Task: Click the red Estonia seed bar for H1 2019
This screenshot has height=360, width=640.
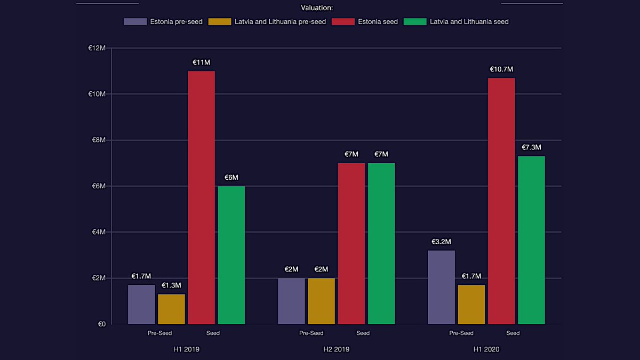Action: click(202, 197)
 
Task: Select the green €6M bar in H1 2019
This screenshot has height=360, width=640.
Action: click(231, 255)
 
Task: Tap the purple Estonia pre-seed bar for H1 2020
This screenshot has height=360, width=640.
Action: click(442, 287)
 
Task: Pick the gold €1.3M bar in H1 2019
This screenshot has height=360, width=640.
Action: click(171, 309)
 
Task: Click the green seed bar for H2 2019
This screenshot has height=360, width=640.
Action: click(381, 243)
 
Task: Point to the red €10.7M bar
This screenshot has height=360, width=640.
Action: click(501, 201)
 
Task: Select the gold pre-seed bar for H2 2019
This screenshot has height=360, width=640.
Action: click(322, 301)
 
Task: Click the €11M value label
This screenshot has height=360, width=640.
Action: click(202, 62)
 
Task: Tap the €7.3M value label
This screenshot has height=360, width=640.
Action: click(531, 147)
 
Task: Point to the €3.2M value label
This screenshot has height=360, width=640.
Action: click(441, 242)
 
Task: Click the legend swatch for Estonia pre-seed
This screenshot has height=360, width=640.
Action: click(135, 22)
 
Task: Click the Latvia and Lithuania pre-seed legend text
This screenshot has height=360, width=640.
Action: click(280, 22)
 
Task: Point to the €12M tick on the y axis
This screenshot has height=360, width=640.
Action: click(97, 48)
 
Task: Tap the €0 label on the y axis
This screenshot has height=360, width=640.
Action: click(101, 324)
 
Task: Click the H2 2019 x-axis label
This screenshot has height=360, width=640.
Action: click(337, 349)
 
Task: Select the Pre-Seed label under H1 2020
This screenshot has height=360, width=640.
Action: click(461, 333)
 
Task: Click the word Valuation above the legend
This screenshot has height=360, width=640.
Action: click(317, 8)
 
